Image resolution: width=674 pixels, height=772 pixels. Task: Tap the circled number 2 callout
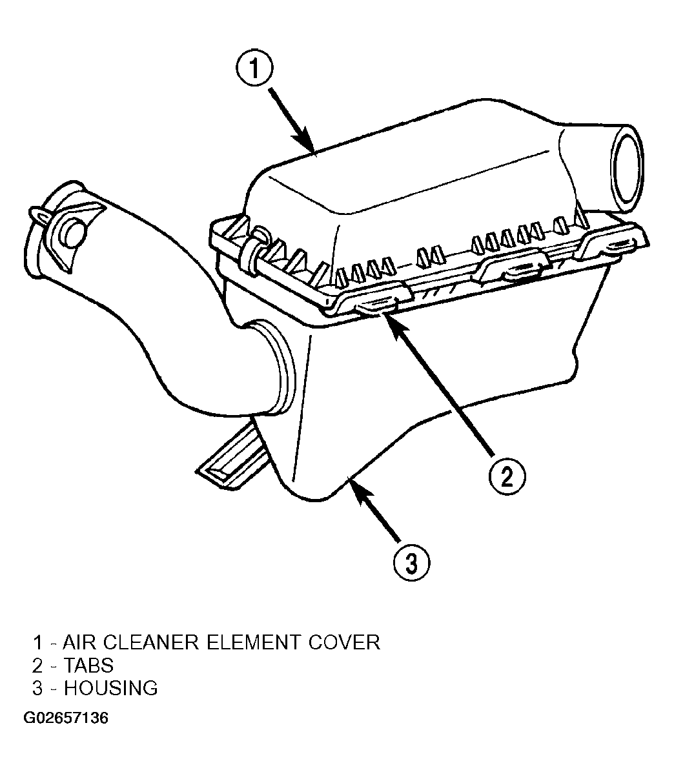(x=507, y=476)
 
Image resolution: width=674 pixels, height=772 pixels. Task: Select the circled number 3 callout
(x=412, y=563)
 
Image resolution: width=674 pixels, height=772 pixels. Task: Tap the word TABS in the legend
(x=88, y=665)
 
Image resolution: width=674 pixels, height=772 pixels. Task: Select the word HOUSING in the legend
(x=111, y=688)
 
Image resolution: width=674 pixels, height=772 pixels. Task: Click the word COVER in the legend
(x=344, y=642)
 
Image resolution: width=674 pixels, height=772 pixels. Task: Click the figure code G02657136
(x=65, y=718)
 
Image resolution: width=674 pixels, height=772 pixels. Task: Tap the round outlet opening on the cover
(x=627, y=168)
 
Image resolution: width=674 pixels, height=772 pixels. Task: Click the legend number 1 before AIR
(x=37, y=642)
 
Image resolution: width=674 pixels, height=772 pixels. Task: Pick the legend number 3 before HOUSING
(x=37, y=688)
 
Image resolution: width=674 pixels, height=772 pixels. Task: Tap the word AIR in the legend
(x=79, y=642)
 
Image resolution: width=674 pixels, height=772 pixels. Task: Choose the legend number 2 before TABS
(x=37, y=665)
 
